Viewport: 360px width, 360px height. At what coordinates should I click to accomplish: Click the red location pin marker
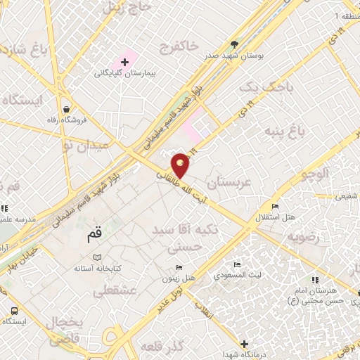181,165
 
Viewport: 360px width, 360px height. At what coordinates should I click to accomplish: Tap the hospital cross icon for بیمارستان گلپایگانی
124,63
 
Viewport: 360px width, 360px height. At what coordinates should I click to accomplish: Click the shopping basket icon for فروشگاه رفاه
66,110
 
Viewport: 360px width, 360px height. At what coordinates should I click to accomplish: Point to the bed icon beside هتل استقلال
275,206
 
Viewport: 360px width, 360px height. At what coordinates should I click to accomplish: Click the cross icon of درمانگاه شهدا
244,344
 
